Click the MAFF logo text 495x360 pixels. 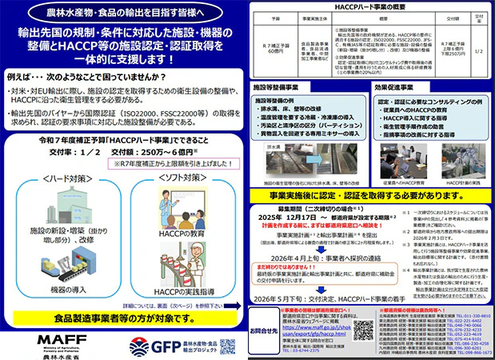pyautogui.click(x=34, y=338)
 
